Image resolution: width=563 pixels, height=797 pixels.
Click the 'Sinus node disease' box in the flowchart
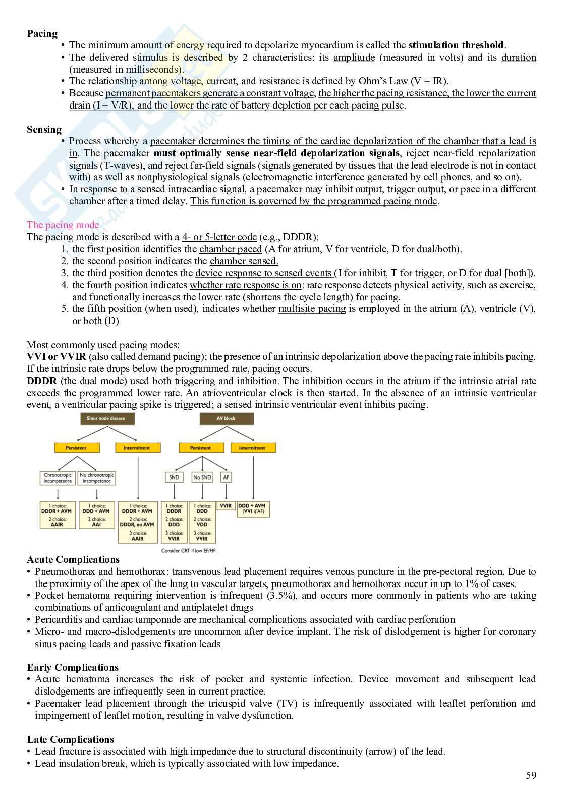105,418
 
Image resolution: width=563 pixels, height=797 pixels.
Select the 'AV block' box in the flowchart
226,418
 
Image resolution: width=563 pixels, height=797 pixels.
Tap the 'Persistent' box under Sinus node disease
76,448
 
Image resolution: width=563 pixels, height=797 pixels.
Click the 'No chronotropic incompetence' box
97,478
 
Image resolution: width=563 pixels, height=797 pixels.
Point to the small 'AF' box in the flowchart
226,477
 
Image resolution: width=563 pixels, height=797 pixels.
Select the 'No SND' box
202,477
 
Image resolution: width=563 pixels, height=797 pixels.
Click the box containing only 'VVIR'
226,506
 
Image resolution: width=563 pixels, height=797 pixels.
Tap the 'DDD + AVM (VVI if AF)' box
252,508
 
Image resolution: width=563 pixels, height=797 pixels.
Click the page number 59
531,776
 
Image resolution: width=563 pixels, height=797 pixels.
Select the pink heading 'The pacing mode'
63,225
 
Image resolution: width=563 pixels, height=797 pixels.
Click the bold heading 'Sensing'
44,130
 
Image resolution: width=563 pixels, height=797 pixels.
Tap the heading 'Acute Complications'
73,559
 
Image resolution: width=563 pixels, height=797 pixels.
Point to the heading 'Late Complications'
70,739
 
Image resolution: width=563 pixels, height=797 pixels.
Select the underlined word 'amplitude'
354,58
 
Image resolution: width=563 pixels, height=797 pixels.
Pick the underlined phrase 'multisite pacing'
312,309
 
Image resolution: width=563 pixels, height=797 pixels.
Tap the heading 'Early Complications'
73,667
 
